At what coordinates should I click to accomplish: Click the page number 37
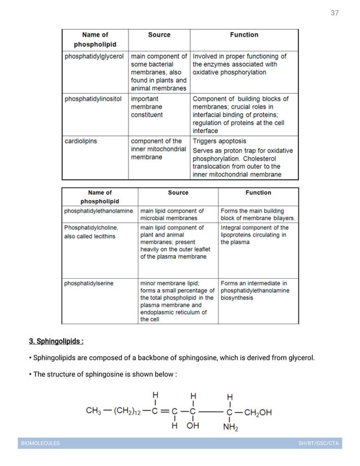335,13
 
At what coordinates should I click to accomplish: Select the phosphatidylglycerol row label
94,56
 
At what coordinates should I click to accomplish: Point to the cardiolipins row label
81,141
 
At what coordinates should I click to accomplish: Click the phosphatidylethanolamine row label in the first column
99,210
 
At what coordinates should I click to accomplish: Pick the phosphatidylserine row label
89,283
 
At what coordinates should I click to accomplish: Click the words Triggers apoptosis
219,141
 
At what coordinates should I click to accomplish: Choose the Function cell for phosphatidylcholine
254,235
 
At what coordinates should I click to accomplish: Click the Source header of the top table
159,35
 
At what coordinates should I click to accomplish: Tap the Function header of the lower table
258,193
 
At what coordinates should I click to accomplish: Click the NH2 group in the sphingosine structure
230,427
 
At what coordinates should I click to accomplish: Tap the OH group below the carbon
193,427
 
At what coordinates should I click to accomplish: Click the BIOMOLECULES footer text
40,443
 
